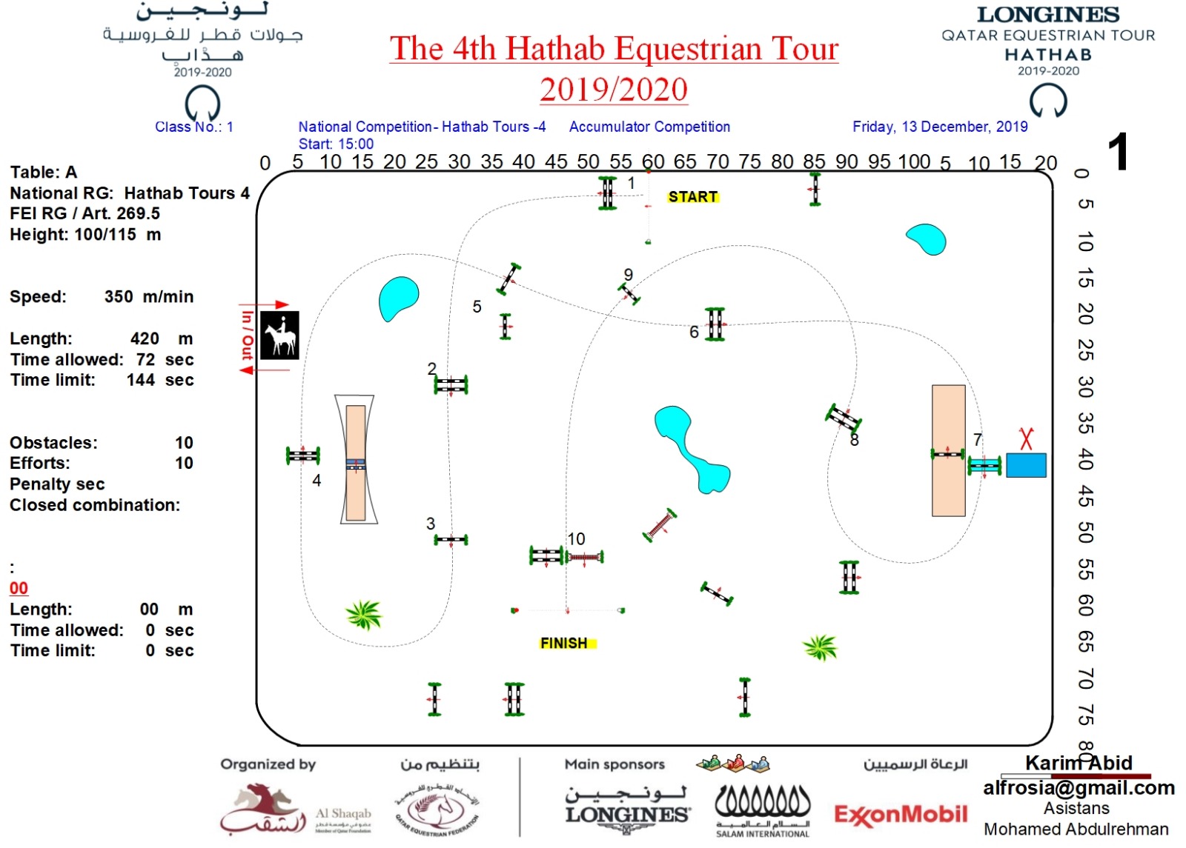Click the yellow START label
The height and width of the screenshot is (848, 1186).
(692, 197)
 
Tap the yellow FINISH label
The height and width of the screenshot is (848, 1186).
(564, 643)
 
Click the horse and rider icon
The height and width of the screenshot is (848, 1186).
(279, 335)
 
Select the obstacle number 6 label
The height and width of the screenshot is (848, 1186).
(694, 333)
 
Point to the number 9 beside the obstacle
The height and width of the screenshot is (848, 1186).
(629, 275)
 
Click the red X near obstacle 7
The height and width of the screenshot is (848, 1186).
(1026, 438)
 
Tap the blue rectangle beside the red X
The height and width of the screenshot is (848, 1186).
(1026, 465)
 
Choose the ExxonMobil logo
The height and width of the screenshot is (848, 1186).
(901, 815)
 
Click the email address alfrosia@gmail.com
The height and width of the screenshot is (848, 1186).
(1079, 788)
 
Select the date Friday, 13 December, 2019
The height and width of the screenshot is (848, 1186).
(940, 127)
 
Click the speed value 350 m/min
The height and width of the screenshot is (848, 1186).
(148, 297)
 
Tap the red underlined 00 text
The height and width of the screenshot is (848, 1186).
(19, 589)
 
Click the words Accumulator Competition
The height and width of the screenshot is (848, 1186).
(649, 127)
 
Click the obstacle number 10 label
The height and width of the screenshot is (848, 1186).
(576, 539)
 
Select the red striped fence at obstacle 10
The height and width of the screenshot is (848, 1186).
(584, 557)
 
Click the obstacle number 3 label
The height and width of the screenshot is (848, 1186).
(431, 524)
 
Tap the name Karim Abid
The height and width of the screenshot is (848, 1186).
(1079, 764)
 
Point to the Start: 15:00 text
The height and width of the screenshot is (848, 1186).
(336, 144)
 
